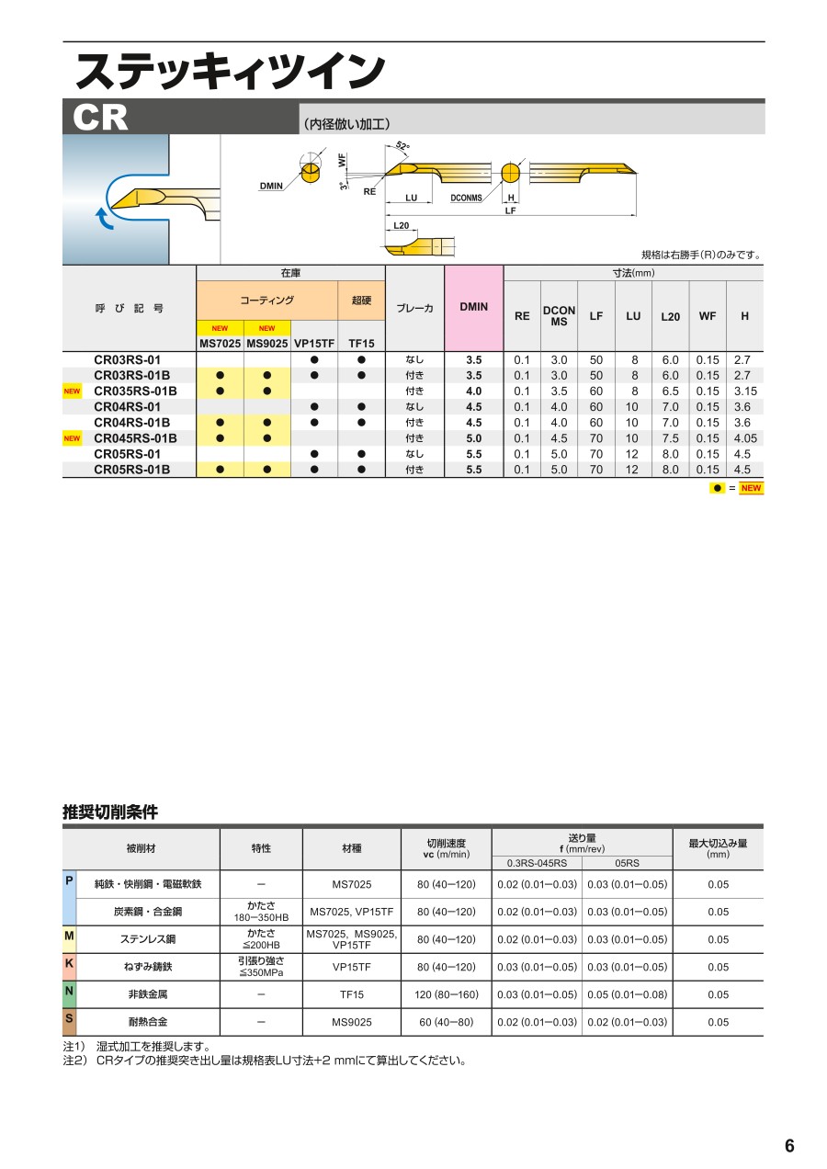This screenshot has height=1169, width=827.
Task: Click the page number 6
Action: (x=789, y=1145)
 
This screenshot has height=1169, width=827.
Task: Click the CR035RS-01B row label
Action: (x=136, y=391)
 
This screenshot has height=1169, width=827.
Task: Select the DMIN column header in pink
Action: (x=473, y=307)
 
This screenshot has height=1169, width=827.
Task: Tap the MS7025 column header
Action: (x=220, y=344)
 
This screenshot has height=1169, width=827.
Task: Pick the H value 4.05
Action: (x=744, y=438)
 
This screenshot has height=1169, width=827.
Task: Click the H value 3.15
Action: (x=744, y=391)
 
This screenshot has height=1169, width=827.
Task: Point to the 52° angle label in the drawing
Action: (x=402, y=146)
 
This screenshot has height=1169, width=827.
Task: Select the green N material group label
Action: (x=69, y=991)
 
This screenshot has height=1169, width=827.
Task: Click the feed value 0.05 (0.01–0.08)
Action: (x=627, y=994)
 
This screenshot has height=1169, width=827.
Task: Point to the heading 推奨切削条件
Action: (x=110, y=811)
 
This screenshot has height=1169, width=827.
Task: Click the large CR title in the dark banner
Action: (x=102, y=119)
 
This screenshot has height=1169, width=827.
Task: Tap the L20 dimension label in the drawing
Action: (x=402, y=225)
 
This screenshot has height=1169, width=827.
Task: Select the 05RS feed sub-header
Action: (x=627, y=863)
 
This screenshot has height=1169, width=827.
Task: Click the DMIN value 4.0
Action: (x=473, y=391)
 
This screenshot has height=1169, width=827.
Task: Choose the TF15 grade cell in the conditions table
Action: (x=352, y=994)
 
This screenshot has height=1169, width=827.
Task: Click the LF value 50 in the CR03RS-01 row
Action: (x=596, y=359)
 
